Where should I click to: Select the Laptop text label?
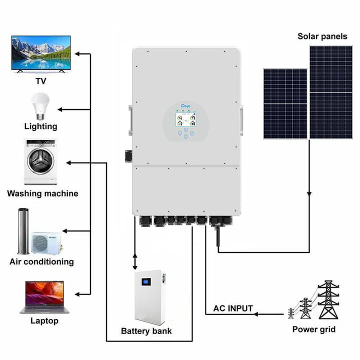tap(44, 321)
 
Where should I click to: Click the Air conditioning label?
tap(41, 261)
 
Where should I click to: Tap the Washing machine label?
tap(42, 193)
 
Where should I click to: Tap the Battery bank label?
tap(146, 331)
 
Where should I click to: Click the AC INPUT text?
tap(233, 308)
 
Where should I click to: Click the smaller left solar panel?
tap(285, 104)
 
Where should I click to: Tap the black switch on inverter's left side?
tap(128, 155)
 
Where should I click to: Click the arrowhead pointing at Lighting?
tap(60, 109)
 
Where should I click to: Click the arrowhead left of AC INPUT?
tap(256, 314)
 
